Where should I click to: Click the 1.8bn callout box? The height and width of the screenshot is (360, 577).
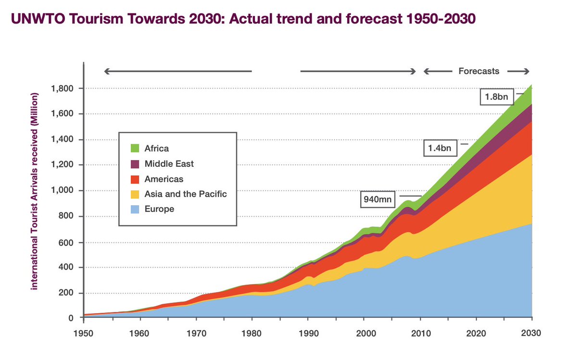coord(497,97)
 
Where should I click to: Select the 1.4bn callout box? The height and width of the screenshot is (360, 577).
coord(440,148)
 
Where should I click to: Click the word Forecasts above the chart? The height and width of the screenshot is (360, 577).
coord(478,71)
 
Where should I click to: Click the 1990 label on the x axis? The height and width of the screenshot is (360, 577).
coord(308,333)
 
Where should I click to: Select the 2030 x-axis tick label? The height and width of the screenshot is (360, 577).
coord(532,333)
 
